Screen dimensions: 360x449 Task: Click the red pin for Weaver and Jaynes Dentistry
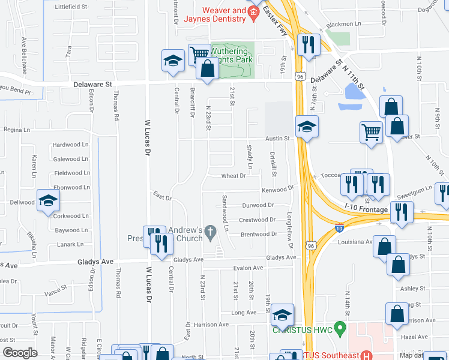[x=254, y=13]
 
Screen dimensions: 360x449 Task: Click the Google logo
[x=20, y=353]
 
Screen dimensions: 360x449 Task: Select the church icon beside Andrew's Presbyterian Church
[x=210, y=230]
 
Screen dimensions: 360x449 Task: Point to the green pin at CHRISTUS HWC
[x=340, y=329]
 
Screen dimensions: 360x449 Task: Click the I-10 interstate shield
[x=339, y=228]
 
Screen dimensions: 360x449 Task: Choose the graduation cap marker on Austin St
[x=306, y=127]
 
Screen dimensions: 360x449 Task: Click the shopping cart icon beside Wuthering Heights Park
[x=198, y=55]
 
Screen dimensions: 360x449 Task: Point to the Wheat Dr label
[x=234, y=176]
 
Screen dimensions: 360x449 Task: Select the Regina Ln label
[x=16, y=130]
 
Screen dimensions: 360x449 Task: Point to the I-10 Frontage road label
[x=366, y=207]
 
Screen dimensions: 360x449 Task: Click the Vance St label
[x=55, y=289]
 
